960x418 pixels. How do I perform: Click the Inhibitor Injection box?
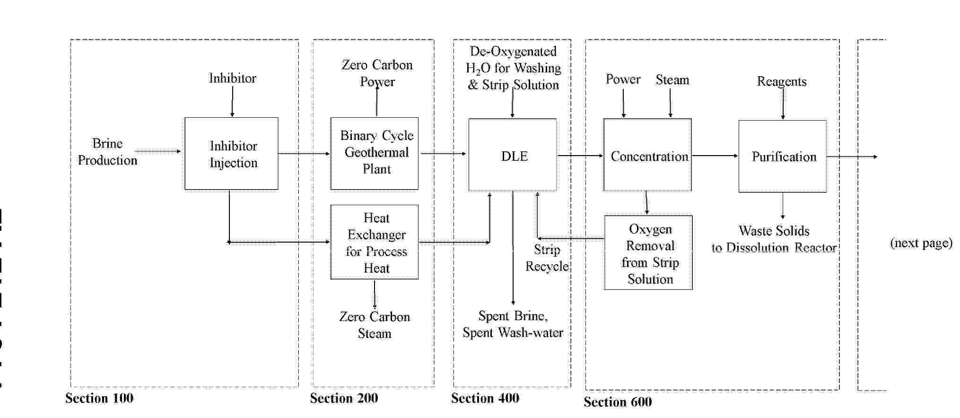[x=231, y=154]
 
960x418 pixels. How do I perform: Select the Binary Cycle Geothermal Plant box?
[x=375, y=154]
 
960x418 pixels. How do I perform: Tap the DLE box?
[x=513, y=155]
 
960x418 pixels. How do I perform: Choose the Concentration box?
[x=647, y=155]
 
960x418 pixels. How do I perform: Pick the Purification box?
[x=783, y=156]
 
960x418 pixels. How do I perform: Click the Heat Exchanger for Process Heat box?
[x=375, y=242]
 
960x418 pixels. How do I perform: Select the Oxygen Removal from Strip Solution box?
[x=648, y=253]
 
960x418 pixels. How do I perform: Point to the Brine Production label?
[x=107, y=152]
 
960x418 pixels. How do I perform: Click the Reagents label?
[x=782, y=81]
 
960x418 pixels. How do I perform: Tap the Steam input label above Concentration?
[x=672, y=80]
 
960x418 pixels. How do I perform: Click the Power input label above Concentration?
[x=623, y=79]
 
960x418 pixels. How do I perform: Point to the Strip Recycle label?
[x=547, y=258]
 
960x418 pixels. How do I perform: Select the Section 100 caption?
[x=99, y=398]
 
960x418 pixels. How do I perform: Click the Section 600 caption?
[x=618, y=402]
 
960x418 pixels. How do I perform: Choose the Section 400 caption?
[x=485, y=398]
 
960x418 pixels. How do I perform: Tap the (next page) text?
[x=921, y=243]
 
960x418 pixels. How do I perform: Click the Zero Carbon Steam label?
[x=375, y=325]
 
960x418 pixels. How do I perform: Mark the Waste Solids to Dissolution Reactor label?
[x=774, y=239]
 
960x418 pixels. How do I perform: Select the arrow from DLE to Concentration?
[x=580, y=156]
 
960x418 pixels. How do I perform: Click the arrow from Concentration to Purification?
[x=715, y=156]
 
